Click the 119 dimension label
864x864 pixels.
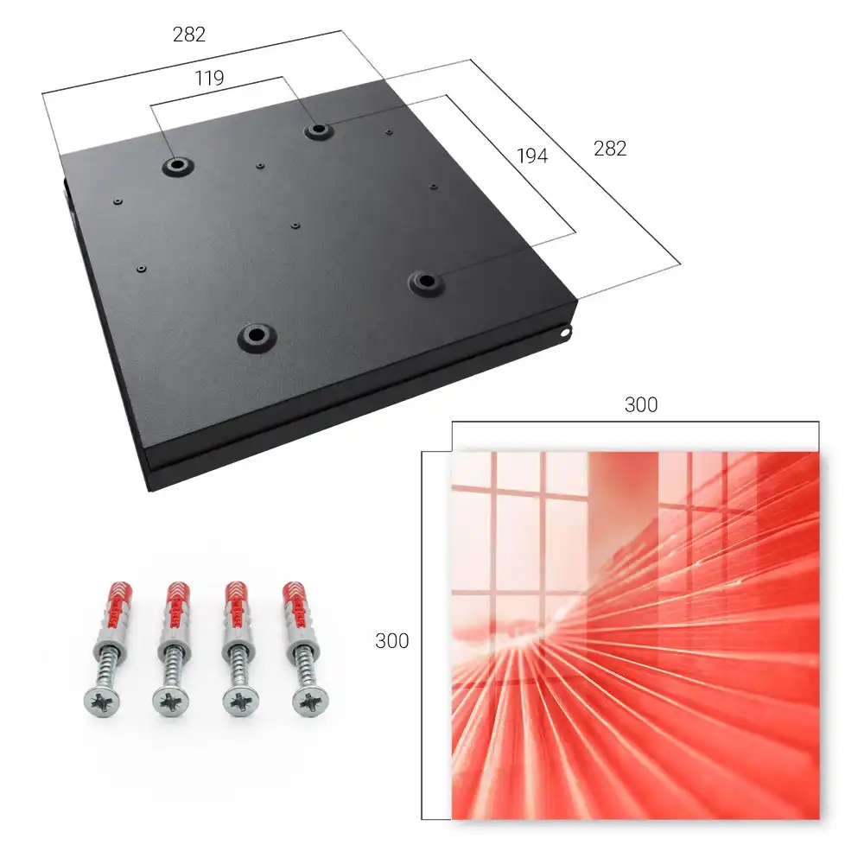[209, 79]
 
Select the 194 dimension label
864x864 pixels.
[532, 156]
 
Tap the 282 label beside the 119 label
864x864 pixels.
[189, 35]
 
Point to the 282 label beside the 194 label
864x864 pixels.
[610, 149]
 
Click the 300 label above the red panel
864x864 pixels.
[641, 405]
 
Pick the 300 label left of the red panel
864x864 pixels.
[391, 641]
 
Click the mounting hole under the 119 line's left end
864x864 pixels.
[177, 165]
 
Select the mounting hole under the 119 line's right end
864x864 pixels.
[317, 130]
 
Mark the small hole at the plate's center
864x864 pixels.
[295, 226]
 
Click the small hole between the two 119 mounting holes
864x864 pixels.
[260, 165]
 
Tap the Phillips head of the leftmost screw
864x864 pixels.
[102, 702]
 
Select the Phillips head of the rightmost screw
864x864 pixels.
[309, 702]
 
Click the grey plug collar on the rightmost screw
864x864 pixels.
[302, 638]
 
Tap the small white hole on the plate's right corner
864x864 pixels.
[566, 332]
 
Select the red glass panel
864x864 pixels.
[635, 635]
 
